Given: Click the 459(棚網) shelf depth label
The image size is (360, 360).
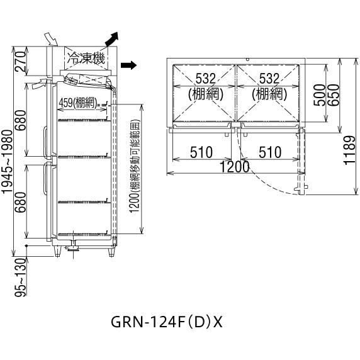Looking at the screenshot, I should (x=76, y=101).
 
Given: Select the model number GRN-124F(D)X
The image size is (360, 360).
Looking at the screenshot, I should (x=167, y=321).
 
